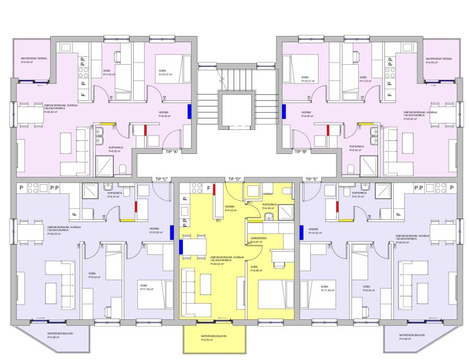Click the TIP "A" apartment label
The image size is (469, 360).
point(172,152)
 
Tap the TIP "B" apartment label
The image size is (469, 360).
point(300,152)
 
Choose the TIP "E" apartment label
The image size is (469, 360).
point(312,179)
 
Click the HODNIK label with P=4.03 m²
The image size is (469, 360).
point(230,211)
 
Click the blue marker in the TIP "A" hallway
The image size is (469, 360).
point(189,111)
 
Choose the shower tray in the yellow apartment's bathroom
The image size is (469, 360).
point(286,212)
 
